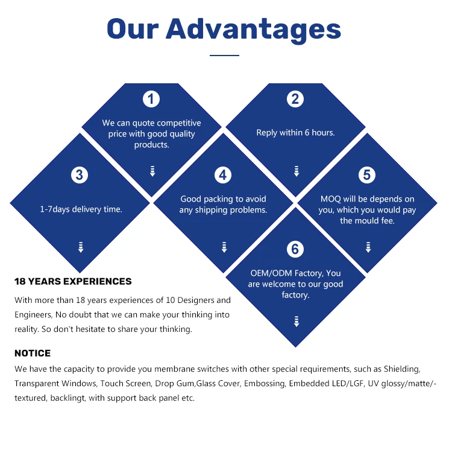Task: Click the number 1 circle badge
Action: coord(151,99)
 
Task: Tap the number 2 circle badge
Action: coord(295,99)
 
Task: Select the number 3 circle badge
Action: coord(79,175)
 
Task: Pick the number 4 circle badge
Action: coord(223,175)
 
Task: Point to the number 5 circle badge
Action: coord(367,175)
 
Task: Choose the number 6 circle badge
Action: coord(295,249)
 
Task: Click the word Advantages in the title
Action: coord(253,28)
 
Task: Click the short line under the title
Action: coord(224,56)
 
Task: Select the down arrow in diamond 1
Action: coord(152,171)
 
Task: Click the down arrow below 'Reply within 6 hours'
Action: coord(296,171)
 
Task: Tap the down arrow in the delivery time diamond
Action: coord(80,247)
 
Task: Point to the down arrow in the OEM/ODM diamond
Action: coord(296,321)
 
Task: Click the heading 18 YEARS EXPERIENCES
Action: coord(73,281)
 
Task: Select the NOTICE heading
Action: coord(33,353)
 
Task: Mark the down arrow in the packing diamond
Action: coord(224,247)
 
